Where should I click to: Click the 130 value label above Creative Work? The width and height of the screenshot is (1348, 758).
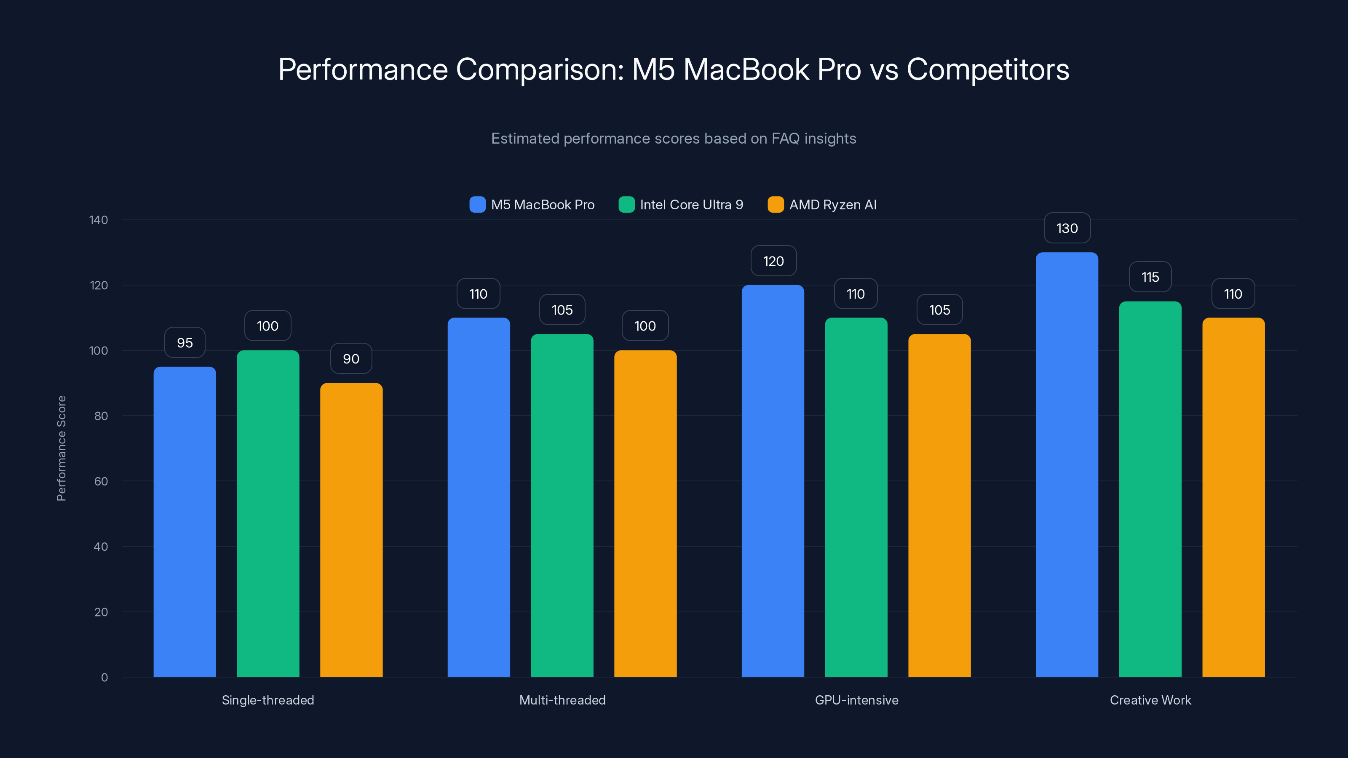(1067, 228)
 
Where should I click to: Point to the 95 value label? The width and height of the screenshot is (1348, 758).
(185, 343)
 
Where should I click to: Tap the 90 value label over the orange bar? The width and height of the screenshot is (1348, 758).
(351, 359)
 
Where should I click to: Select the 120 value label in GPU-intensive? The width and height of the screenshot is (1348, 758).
(773, 261)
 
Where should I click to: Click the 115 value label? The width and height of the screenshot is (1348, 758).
(1150, 277)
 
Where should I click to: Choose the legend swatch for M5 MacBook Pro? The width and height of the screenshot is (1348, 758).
(477, 205)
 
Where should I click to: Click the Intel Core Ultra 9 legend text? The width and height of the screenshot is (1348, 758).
(691, 205)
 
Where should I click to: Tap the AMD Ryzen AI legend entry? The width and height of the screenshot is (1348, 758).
(832, 205)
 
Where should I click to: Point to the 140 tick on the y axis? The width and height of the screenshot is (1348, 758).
(99, 220)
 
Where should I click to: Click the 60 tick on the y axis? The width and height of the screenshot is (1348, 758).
(101, 481)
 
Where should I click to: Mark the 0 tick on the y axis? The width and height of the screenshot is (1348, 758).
(104, 678)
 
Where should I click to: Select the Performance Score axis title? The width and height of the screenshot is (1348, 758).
(61, 448)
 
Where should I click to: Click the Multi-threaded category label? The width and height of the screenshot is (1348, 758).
(562, 700)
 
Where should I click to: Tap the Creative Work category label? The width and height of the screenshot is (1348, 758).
(1150, 700)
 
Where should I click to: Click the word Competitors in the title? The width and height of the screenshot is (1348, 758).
(987, 69)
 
